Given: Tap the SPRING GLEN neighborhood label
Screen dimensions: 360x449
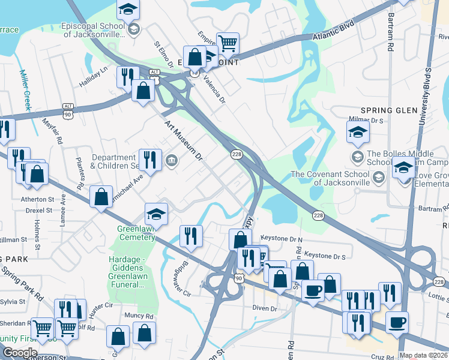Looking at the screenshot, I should tap(389, 110).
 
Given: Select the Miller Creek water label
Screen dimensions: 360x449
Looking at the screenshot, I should tap(26, 90).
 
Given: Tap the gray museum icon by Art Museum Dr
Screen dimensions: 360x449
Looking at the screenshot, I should tap(172, 160).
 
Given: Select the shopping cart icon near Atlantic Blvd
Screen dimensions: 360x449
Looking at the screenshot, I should tap(228, 43).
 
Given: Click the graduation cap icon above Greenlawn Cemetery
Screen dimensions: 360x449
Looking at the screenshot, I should tap(155, 214).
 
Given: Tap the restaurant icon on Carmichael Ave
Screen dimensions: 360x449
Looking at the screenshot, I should tap(150, 160).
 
